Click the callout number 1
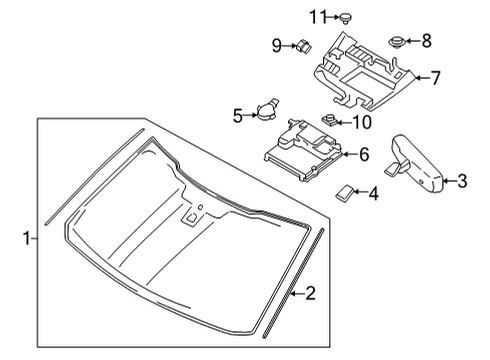27,238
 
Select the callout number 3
461,181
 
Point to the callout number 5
239,115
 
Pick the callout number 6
363,154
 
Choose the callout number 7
435,76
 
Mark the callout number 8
426,40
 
